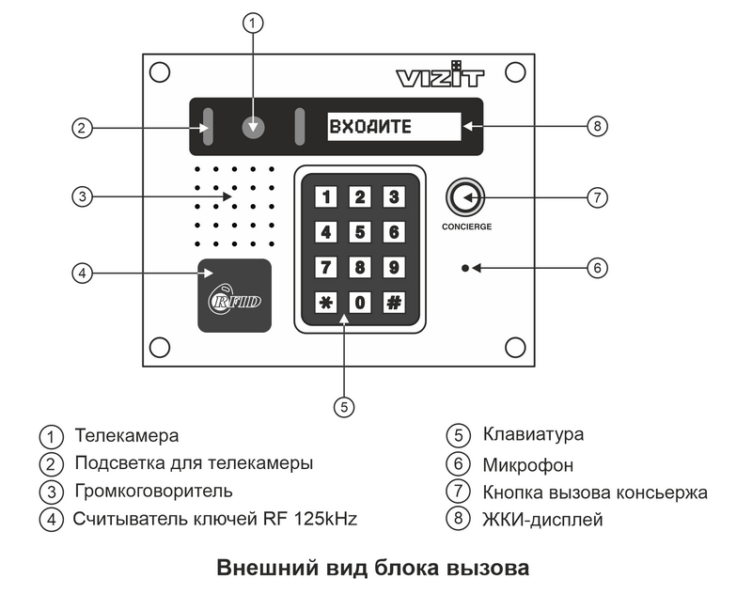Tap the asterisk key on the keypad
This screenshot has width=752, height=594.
tap(325, 303)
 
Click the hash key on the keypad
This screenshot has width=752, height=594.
tap(394, 303)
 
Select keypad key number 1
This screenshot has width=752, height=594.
tap(325, 197)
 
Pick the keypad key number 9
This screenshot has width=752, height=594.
tap(394, 268)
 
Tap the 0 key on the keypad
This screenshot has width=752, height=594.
tap(360, 303)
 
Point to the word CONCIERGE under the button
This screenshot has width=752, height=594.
tap(466, 227)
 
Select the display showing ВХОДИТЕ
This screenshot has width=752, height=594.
tap(394, 127)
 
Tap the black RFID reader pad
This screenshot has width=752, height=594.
tap(235, 294)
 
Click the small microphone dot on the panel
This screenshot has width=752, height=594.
tap(465, 268)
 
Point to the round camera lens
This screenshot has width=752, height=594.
tap(253, 128)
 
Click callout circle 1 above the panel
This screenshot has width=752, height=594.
tap(253, 23)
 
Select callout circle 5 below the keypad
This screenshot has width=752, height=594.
tap(344, 406)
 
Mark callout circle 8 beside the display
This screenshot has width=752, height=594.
tap(593, 127)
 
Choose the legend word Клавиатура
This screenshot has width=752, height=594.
tap(533, 434)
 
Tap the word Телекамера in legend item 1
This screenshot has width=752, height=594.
tap(127, 436)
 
